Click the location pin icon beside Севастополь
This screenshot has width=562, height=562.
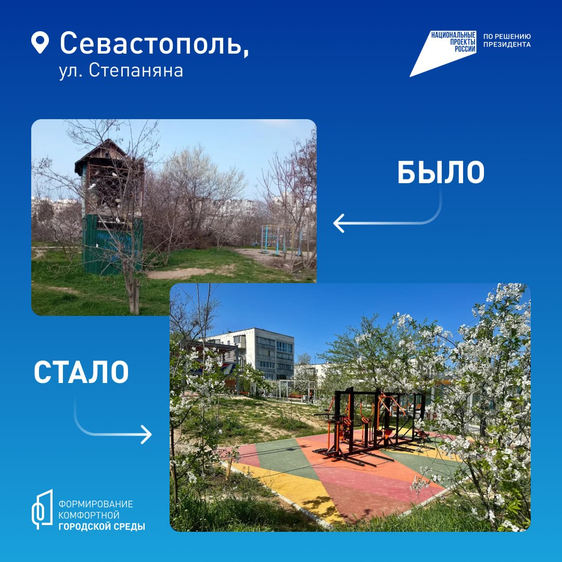40,42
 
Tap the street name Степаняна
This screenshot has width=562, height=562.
136,71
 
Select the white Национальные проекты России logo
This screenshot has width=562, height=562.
443,53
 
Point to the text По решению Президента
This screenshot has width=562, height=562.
507,41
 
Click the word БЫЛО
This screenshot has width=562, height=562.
441,173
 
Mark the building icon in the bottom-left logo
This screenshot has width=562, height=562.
43,509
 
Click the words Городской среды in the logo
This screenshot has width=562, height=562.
101,527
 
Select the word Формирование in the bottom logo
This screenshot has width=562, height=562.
95,504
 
